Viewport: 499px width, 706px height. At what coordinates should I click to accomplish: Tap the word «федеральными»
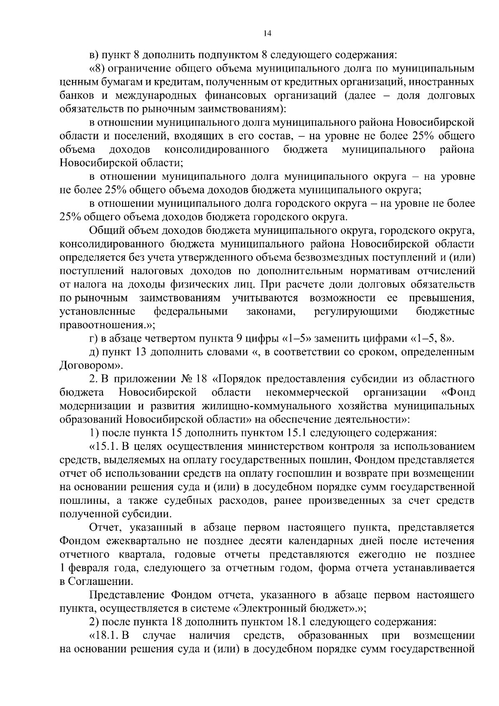click(191, 312)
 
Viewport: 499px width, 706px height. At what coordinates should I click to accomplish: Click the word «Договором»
click(86, 366)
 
